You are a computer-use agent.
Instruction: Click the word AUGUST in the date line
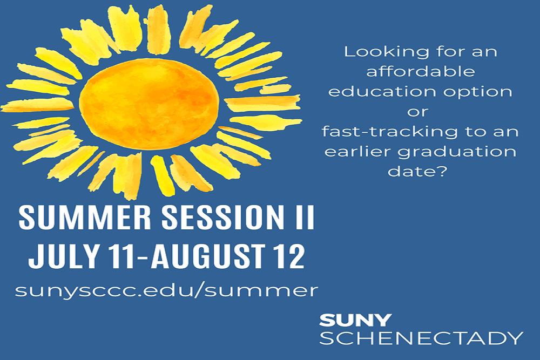pos(202,256)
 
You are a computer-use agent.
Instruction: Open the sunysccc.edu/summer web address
pos(167,290)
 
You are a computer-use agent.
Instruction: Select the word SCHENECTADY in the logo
pos(422,338)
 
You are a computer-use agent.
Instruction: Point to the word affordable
pos(421,72)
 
